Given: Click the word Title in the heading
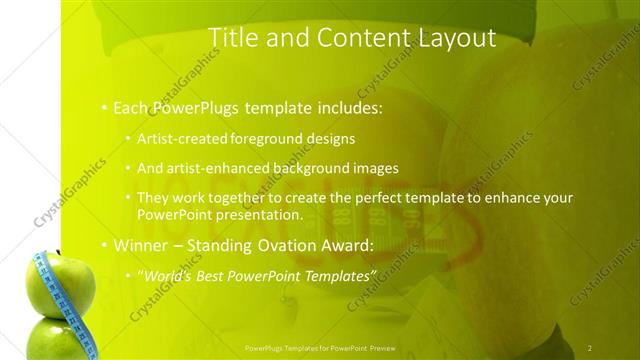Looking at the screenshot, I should (x=232, y=38).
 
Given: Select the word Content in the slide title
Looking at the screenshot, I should (x=358, y=38).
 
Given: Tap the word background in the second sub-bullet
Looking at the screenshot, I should (x=316, y=168).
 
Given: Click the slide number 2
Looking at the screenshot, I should (x=590, y=348).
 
